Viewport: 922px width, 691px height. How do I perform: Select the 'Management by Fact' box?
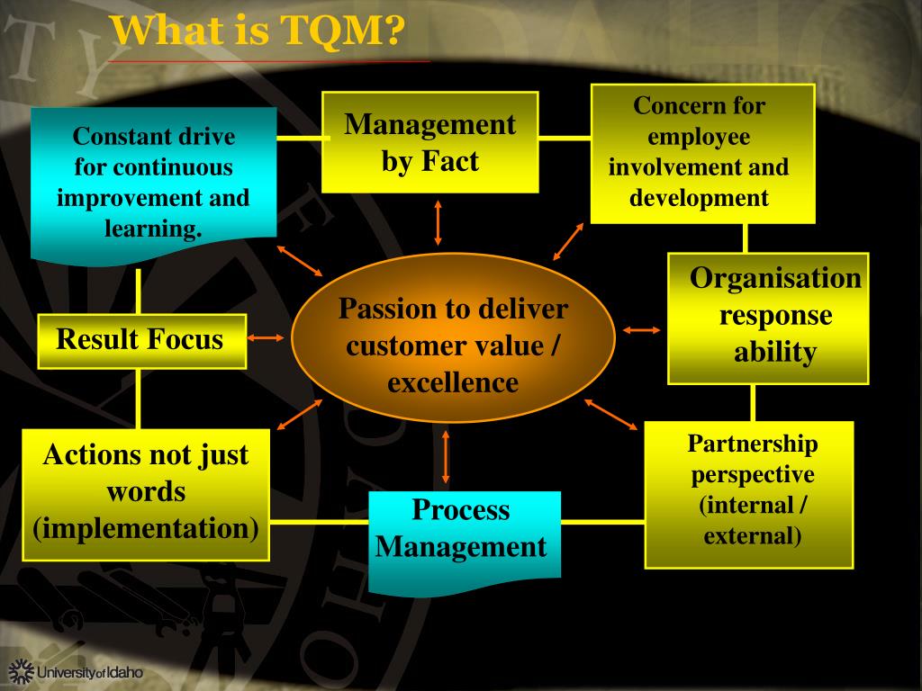[x=430, y=142]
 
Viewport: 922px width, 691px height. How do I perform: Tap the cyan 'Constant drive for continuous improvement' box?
[x=153, y=183]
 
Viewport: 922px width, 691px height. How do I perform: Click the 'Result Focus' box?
[x=141, y=340]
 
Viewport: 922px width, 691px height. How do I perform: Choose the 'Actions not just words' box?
[x=145, y=492]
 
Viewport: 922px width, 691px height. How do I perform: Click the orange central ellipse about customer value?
[x=453, y=346]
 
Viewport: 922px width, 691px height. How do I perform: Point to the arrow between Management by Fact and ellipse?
[x=438, y=222]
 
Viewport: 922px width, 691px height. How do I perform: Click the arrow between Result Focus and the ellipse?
[x=266, y=338]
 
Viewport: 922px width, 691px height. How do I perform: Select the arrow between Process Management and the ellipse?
[x=446, y=456]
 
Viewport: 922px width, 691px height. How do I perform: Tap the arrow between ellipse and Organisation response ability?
[x=642, y=329]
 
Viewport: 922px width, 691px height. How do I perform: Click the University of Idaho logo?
[x=77, y=672]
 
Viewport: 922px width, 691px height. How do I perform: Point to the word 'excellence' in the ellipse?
[x=453, y=382]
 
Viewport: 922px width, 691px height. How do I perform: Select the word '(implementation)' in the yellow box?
[x=145, y=528]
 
